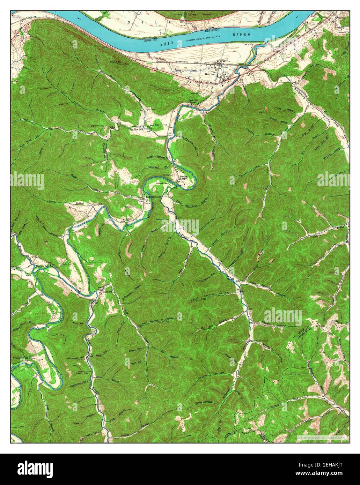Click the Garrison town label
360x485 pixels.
[x=210, y=74]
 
